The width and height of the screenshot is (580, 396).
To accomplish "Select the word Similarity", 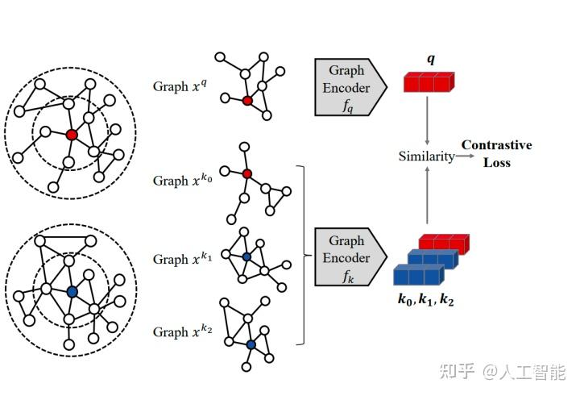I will pyautogui.click(x=426, y=156).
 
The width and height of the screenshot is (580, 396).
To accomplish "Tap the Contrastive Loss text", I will pyautogui.click(x=496, y=153).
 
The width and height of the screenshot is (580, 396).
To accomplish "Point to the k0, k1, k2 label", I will pyautogui.click(x=430, y=299).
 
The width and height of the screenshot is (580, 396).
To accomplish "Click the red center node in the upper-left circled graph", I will pyautogui.click(x=72, y=135).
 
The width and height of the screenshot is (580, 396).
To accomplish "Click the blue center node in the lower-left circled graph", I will pyautogui.click(x=72, y=292).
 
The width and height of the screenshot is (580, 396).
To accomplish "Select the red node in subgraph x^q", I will pyautogui.click(x=247, y=101).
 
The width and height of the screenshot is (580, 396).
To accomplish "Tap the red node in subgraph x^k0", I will pyautogui.click(x=247, y=173).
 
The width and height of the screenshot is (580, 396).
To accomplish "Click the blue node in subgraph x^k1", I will pyautogui.click(x=246, y=256).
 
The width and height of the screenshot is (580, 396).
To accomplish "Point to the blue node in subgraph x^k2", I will pyautogui.click(x=251, y=344).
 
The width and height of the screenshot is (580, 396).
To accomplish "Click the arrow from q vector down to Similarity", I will pyautogui.click(x=428, y=121).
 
